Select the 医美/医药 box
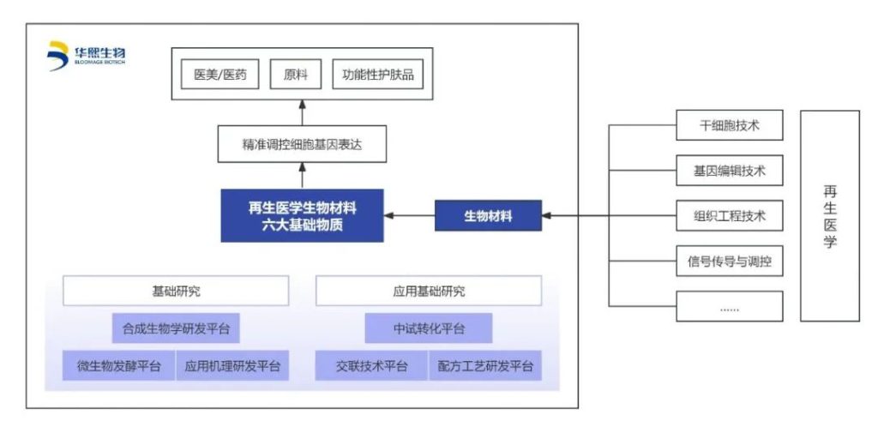click(220, 75)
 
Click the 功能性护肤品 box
click(377, 75)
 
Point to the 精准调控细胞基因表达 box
click(302, 144)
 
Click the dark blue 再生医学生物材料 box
click(302, 215)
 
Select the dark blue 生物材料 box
click(489, 215)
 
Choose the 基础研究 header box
click(175, 292)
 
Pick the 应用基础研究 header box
click(428, 292)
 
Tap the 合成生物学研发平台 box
click(175, 328)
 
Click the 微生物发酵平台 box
click(118, 366)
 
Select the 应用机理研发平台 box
click(232, 366)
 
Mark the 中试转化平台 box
click(428, 328)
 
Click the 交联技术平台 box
click(371, 366)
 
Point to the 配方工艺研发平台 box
click(484, 366)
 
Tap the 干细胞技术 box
click(729, 126)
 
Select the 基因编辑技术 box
click(729, 171)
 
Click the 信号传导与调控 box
click(729, 261)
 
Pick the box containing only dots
click(729, 306)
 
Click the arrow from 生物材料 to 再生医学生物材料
click(410, 215)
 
